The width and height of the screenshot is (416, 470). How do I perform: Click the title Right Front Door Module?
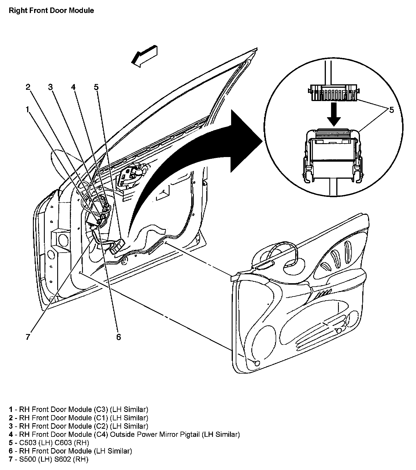[51, 11]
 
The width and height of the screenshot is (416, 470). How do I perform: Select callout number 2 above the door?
[28, 87]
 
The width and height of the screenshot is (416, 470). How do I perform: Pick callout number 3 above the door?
[51, 87]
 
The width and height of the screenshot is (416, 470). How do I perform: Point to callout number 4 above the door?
[73, 87]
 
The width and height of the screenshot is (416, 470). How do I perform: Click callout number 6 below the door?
[118, 337]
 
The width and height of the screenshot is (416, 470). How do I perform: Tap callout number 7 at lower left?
[28, 337]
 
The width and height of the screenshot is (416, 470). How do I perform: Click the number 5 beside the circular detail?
[391, 110]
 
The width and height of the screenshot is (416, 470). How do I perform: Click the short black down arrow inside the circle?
[335, 115]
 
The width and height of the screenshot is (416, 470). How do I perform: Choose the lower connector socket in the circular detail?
[333, 154]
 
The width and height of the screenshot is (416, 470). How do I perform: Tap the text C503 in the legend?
[29, 443]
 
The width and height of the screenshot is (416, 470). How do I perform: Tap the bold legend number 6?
[11, 451]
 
